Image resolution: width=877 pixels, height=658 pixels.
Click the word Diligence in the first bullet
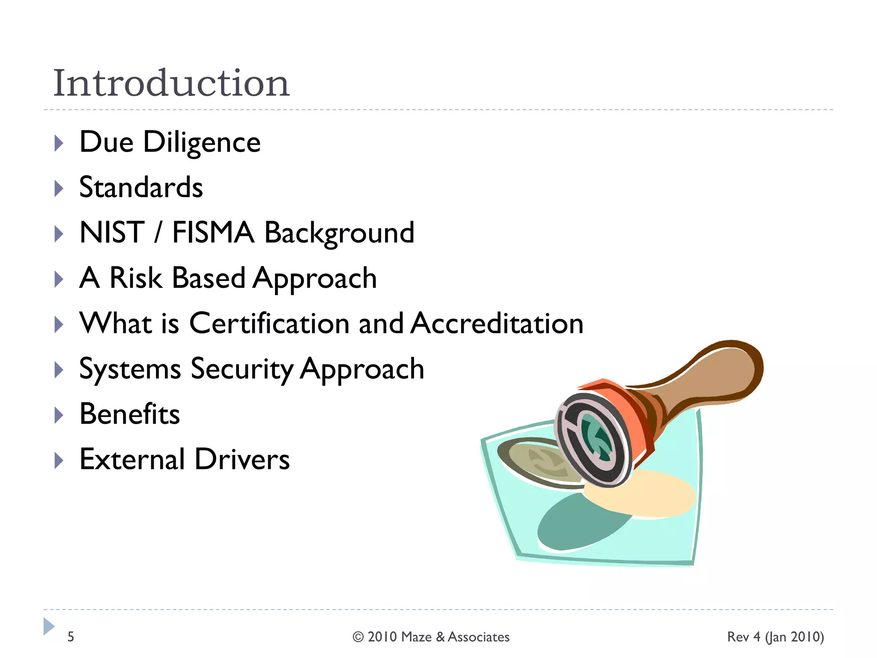point(202,142)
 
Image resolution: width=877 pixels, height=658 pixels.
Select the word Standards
point(141,188)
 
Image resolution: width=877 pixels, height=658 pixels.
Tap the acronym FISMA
point(213,233)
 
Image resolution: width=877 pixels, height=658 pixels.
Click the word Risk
point(136,278)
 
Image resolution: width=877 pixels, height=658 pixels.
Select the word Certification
point(269,323)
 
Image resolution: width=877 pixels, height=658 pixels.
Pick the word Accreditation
point(497,323)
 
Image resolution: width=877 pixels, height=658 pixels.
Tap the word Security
point(242,369)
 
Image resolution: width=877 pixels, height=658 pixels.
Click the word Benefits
point(130,414)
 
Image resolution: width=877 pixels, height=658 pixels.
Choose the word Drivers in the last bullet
point(242,460)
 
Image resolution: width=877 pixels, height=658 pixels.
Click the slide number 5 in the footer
point(71,637)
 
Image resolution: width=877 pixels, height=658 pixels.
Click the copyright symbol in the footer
point(358,637)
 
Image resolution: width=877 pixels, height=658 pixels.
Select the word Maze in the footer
point(416,637)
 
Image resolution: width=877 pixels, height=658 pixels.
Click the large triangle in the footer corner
point(49,626)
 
